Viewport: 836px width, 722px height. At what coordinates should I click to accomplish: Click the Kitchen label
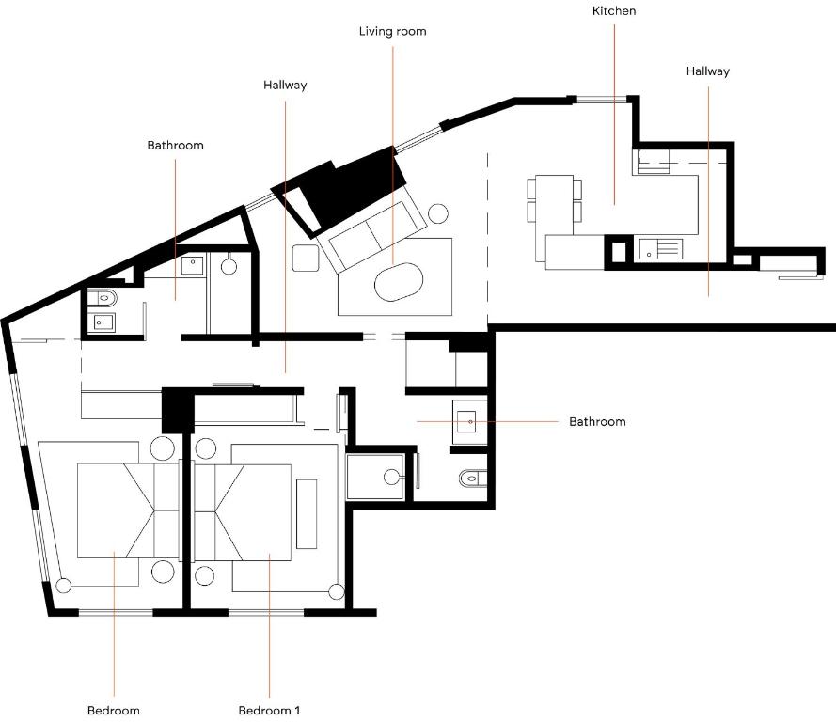point(614,11)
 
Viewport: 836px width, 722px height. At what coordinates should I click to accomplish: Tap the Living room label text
point(392,31)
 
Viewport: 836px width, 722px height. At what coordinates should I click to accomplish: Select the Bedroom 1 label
point(269,710)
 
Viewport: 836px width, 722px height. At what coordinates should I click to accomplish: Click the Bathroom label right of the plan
point(597,421)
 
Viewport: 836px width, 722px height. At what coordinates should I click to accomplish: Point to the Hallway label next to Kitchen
point(707,71)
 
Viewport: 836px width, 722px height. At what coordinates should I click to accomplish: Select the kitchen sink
point(659,249)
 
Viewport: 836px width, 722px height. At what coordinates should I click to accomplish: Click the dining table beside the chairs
point(555,198)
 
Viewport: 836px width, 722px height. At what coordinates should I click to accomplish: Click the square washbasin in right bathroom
point(470,421)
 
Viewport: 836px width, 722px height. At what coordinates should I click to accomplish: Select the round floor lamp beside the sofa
point(437,213)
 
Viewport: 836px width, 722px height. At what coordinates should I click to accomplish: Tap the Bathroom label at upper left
point(175,146)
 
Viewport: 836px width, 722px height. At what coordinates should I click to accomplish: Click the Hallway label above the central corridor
point(285,85)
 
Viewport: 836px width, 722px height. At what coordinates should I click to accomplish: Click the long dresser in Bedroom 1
point(307,513)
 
